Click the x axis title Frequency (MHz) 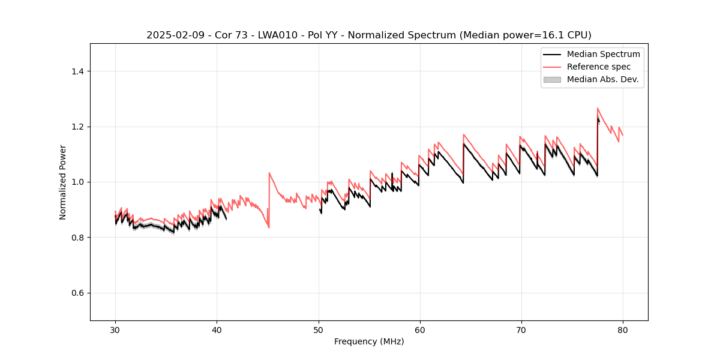coord(369,341)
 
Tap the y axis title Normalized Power coord(63,182)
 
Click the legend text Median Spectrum coord(603,54)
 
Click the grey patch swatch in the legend coord(552,79)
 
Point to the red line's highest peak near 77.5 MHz coord(598,109)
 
